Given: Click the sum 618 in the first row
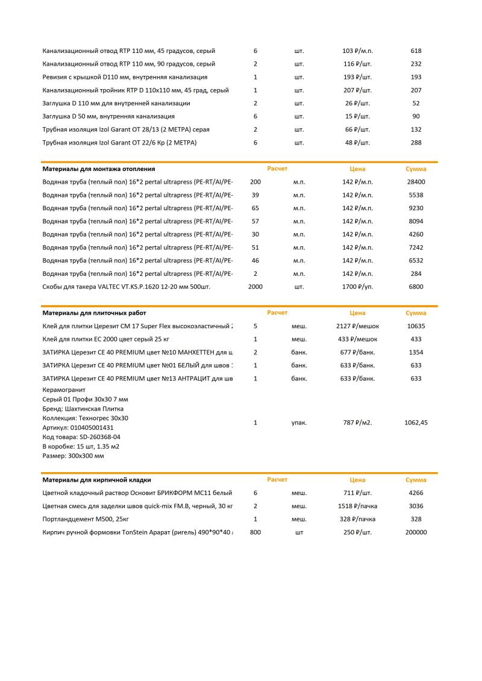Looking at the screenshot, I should [416, 51].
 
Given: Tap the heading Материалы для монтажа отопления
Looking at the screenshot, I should [99, 169].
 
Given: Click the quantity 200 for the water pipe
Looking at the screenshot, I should [255, 182].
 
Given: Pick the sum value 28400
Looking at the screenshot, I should [416, 182].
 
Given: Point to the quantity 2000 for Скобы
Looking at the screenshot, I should [255, 287].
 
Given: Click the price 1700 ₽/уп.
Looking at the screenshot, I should [357, 287].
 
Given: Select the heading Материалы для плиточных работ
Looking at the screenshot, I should [94, 313].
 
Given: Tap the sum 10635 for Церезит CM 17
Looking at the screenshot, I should [416, 326].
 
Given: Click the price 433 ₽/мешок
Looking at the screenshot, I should [357, 339].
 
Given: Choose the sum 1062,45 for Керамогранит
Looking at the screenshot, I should [416, 423].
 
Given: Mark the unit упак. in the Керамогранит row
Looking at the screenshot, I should [299, 423].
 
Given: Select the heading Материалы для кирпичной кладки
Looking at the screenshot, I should [96, 480].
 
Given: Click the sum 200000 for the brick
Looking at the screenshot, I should [416, 532].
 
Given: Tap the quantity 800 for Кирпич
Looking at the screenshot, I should [255, 532].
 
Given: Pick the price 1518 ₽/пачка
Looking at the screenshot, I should [357, 506].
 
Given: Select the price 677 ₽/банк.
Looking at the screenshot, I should [357, 352].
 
